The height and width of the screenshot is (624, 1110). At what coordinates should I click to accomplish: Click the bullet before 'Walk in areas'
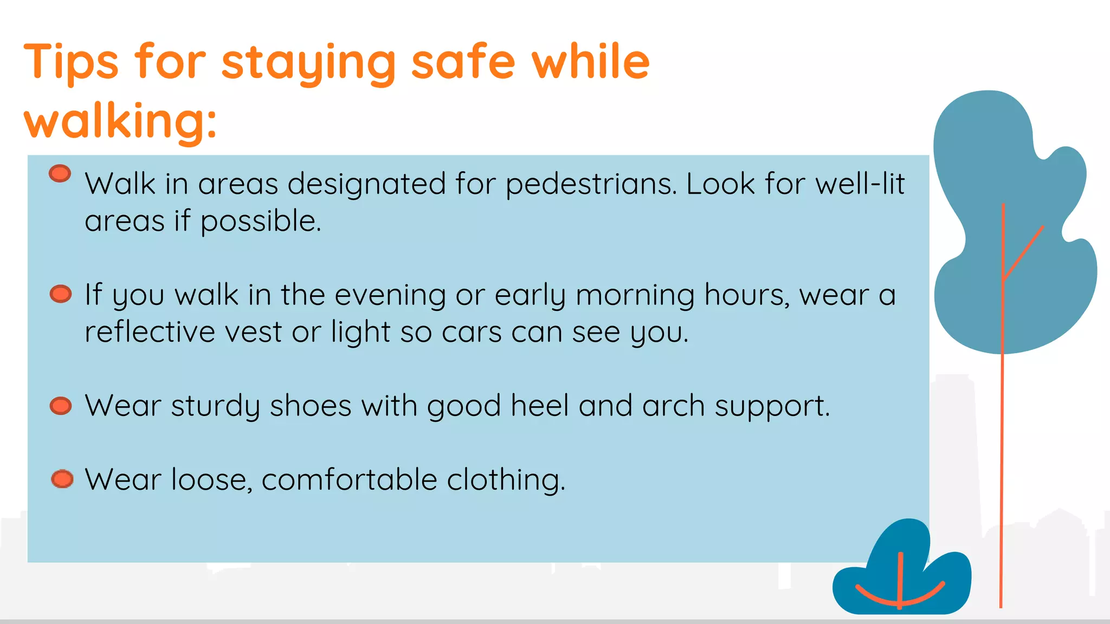pos(60,173)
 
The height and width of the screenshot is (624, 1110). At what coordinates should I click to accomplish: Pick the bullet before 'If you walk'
pos(61,294)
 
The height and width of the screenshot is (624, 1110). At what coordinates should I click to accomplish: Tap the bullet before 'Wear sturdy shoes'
pos(61,406)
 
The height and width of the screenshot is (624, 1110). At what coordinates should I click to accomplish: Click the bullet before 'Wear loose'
pos(62,479)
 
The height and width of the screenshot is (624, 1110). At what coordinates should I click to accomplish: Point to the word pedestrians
pos(591,184)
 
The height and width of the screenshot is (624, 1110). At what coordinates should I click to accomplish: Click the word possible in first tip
pos(260,221)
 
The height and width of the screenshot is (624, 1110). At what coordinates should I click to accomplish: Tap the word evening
pos(390,295)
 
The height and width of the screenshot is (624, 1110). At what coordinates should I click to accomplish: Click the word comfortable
pos(350,479)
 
